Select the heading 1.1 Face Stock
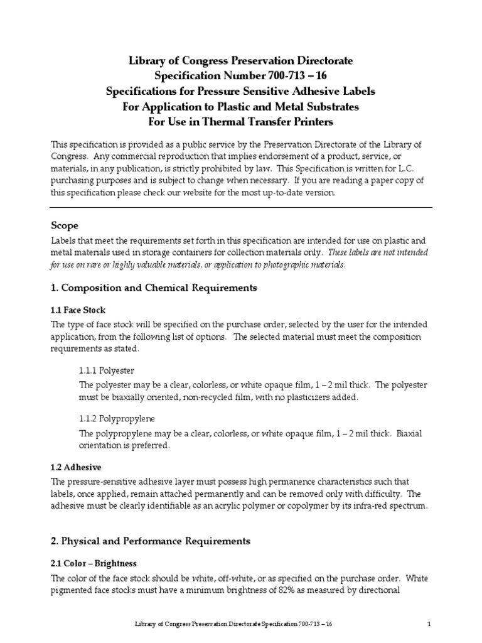78,310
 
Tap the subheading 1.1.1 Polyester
107,370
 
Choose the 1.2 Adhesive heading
75,467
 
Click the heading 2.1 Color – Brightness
93,563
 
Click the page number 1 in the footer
429,625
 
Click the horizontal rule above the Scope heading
240,207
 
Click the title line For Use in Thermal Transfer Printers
240,121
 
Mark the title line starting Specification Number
240,76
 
